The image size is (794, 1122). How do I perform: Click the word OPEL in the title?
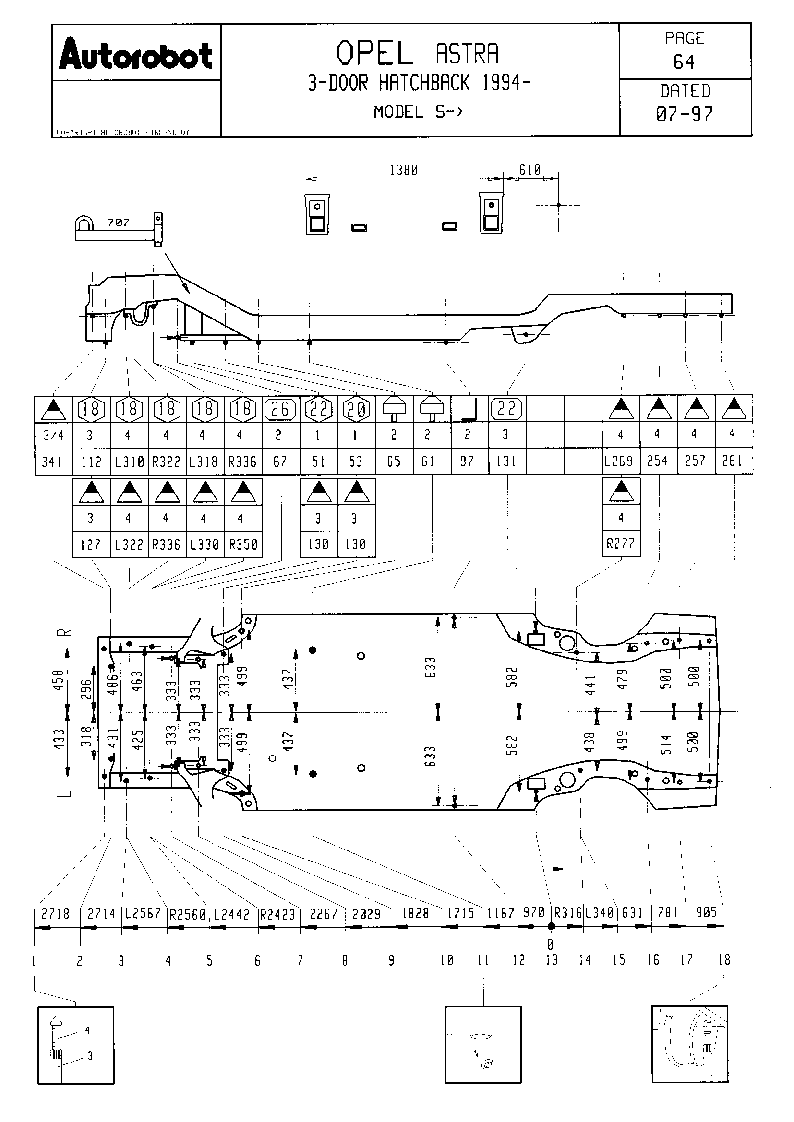374,54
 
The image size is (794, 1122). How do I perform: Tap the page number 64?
684,62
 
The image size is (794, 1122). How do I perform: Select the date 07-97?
684,114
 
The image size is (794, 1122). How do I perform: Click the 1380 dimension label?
403,171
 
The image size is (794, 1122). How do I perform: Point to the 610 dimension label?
530,170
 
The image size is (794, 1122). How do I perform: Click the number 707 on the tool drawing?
118,223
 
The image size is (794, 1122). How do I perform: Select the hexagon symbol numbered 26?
280,409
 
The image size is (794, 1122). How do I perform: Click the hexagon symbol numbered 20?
356,409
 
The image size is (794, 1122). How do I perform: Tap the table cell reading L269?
620,461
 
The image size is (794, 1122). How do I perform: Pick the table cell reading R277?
620,543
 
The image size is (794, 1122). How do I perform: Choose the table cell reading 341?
53,462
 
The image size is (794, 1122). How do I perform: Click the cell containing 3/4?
53,436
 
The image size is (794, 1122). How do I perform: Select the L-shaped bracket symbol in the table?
469,410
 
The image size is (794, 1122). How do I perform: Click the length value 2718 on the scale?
55,913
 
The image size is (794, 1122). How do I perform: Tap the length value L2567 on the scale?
143,913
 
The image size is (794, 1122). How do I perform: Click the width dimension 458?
59,680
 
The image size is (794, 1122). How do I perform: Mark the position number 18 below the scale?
724,959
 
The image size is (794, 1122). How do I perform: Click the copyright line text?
123,132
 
